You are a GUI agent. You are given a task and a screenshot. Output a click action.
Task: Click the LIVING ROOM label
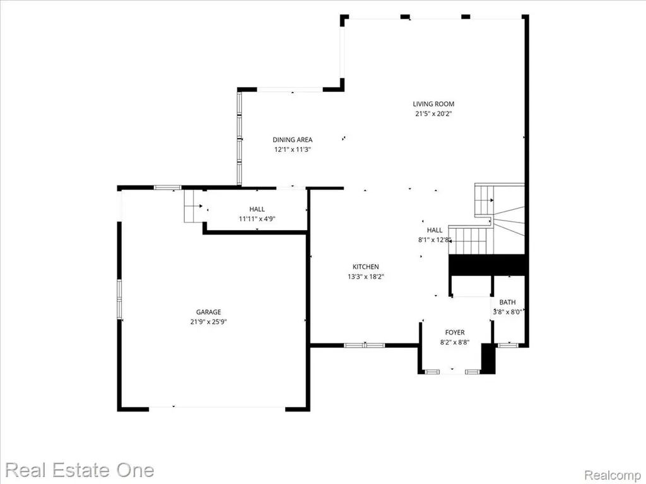(433, 104)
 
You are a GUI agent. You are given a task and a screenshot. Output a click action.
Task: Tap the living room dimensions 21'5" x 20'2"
(433, 114)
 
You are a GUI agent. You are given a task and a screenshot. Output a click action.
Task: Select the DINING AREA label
(293, 140)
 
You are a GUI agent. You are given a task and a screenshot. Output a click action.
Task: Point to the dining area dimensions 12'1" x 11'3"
(293, 150)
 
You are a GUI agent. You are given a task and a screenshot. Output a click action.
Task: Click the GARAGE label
(208, 312)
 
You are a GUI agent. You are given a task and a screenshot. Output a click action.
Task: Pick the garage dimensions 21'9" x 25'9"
(208, 322)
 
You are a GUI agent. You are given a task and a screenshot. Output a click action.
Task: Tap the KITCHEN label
(366, 267)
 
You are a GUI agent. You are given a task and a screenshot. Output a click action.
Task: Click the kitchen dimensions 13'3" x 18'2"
(366, 277)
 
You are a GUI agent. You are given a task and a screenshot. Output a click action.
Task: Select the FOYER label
(455, 333)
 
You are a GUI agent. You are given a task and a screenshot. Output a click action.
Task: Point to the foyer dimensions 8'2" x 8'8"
(455, 342)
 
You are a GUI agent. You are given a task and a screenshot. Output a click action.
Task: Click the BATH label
(508, 302)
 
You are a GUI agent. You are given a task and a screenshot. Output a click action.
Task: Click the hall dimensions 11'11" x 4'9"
(257, 219)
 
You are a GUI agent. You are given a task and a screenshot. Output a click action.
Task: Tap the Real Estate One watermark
(79, 470)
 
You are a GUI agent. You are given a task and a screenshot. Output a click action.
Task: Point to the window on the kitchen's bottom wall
(364, 345)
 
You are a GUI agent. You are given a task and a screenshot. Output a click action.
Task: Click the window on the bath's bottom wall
(508, 345)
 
